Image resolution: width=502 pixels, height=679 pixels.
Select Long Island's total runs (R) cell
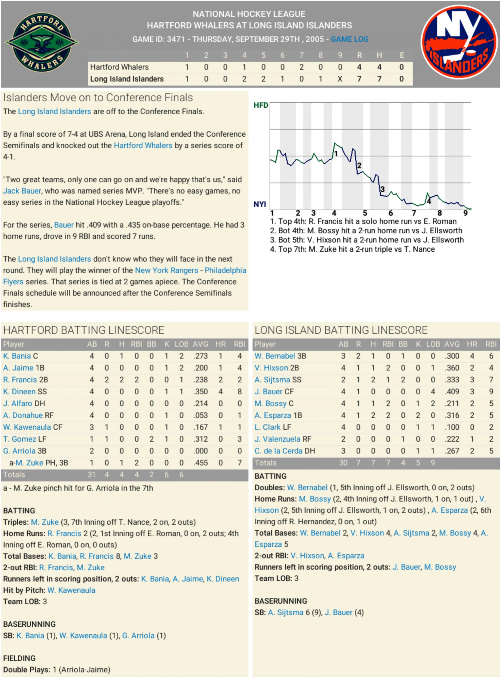tap(359, 79)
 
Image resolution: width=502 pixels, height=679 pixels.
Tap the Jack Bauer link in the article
tap(22, 191)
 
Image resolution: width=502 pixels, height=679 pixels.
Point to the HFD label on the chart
tap(261, 105)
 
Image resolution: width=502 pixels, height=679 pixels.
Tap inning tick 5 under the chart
tap(365, 213)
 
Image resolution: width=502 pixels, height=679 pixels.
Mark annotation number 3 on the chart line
tap(383, 189)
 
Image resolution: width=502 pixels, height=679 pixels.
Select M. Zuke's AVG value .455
tap(200, 463)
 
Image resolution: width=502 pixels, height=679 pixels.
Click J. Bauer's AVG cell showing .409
tap(452, 392)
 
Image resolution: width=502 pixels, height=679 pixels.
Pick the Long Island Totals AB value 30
tap(343, 463)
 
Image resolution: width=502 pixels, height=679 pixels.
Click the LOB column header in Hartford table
tap(182, 344)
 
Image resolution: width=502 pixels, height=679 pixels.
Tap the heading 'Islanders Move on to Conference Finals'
tap(98, 98)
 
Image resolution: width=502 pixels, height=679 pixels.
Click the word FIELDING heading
tap(19, 658)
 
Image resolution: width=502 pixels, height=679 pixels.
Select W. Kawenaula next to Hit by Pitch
tap(71, 590)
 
